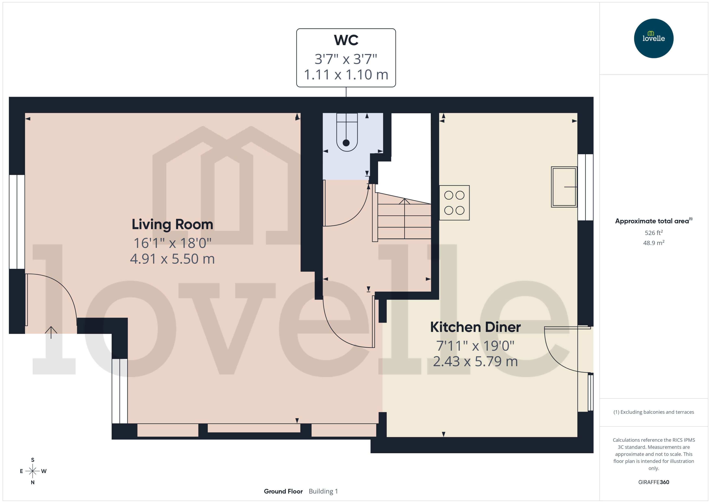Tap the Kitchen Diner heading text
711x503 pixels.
[475, 327]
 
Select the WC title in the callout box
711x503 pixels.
[346, 40]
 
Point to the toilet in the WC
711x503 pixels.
[347, 136]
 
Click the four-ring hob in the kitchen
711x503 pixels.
[454, 203]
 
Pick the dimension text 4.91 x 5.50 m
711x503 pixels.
[172, 259]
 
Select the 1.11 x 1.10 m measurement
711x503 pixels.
[346, 75]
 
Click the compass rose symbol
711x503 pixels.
[33, 471]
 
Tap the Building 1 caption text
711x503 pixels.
[323, 491]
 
